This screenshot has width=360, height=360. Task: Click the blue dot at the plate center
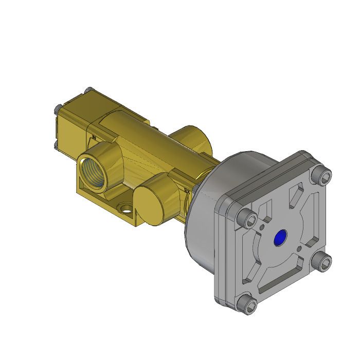[x=280, y=238]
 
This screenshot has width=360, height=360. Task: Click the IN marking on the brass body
[x=94, y=138]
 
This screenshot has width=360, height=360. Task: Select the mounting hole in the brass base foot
[x=125, y=208]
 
